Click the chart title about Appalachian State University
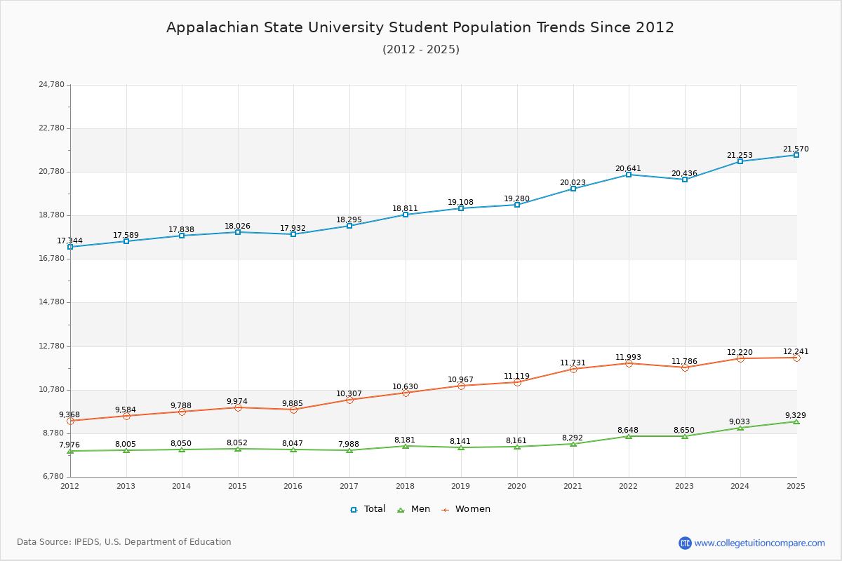pos(420,27)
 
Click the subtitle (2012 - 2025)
pos(420,49)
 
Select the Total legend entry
pos(368,509)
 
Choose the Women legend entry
pos(466,509)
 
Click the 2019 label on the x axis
pos(460,486)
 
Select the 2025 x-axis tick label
pos(796,486)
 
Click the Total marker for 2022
pos(629,175)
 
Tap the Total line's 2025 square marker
pos(796,155)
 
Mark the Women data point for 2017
pos(349,400)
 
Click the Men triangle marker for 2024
pos(740,428)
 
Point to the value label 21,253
pos(740,155)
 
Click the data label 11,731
pos(573,363)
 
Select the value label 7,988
pos(349,444)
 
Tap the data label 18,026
pos(237,226)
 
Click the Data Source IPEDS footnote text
pos(124,542)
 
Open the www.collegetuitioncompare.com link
pos(759,543)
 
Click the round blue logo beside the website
pos(685,543)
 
